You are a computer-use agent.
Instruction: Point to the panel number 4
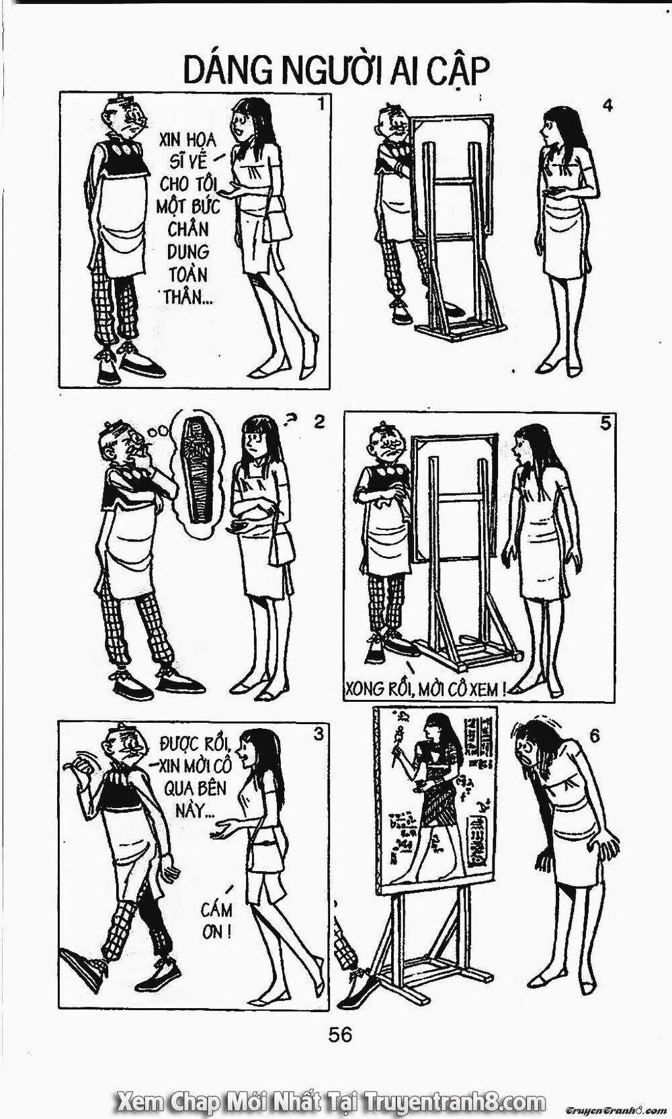(x=607, y=105)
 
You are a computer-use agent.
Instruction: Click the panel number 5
(x=605, y=424)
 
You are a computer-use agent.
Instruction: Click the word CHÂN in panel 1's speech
(x=187, y=229)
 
